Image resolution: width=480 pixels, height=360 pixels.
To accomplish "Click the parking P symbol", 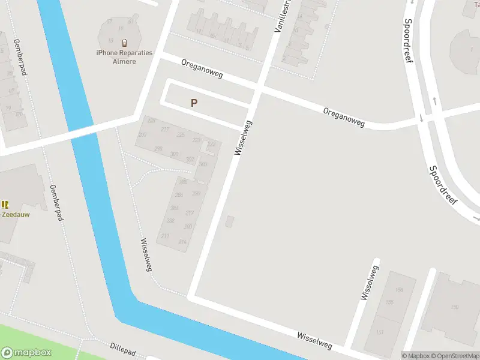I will (194, 103).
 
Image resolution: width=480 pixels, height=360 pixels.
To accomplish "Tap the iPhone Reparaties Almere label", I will (124, 57).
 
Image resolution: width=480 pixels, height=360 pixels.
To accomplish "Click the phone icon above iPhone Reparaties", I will (124, 43).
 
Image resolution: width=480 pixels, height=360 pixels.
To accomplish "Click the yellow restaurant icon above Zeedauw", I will (5, 205).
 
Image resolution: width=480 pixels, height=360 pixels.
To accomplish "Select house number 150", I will (454, 307).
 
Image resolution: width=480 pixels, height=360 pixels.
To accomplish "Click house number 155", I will (389, 302).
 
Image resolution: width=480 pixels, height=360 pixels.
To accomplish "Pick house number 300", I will (174, 154).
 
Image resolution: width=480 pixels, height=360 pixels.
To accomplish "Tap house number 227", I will (165, 130).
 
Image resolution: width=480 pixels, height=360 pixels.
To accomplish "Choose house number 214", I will (182, 242).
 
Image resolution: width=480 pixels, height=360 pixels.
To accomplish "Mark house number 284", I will (175, 208).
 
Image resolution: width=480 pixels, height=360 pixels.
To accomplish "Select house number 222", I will (211, 144).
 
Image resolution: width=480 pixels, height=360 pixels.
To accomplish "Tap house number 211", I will (165, 236).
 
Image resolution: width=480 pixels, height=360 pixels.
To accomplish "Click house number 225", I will (181, 135).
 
